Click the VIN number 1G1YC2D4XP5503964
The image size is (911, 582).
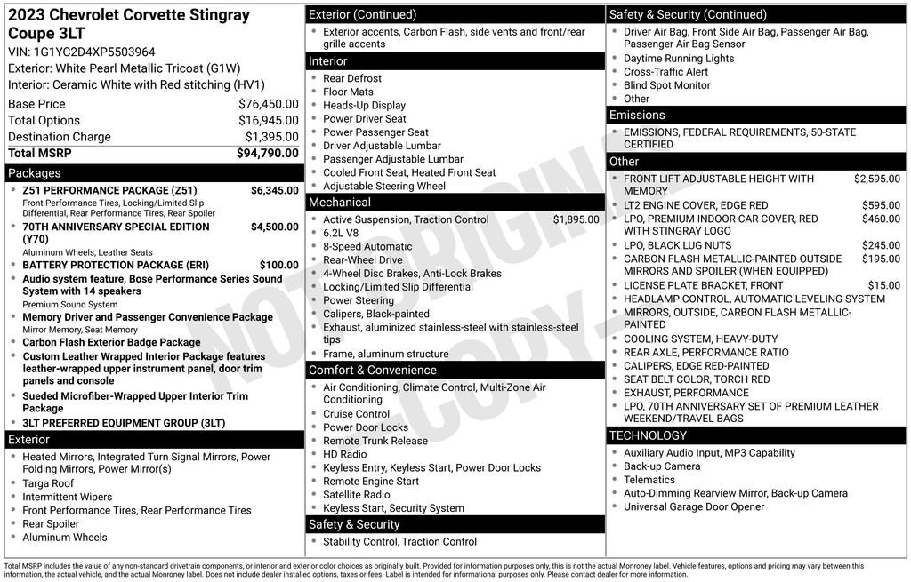tap(93, 52)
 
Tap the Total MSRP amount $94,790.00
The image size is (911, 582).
tap(267, 153)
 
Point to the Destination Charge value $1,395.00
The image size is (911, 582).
tap(271, 137)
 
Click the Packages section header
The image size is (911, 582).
tap(35, 173)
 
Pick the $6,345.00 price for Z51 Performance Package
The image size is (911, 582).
tap(274, 190)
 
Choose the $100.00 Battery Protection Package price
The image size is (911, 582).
tap(278, 265)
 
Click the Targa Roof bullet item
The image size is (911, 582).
tap(48, 483)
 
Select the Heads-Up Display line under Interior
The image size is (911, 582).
tap(364, 105)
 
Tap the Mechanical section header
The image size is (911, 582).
tap(340, 203)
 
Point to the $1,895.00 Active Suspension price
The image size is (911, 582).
tap(576, 219)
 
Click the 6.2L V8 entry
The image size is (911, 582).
tap(341, 233)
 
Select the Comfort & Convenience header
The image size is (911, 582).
tap(372, 370)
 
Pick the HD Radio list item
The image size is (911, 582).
tap(344, 454)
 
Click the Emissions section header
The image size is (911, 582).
tap(637, 116)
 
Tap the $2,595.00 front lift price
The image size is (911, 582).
tap(876, 179)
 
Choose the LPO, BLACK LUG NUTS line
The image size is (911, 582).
tap(677, 245)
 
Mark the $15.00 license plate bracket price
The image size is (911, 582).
tap(883, 285)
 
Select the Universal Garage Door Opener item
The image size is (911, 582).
tap(694, 506)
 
